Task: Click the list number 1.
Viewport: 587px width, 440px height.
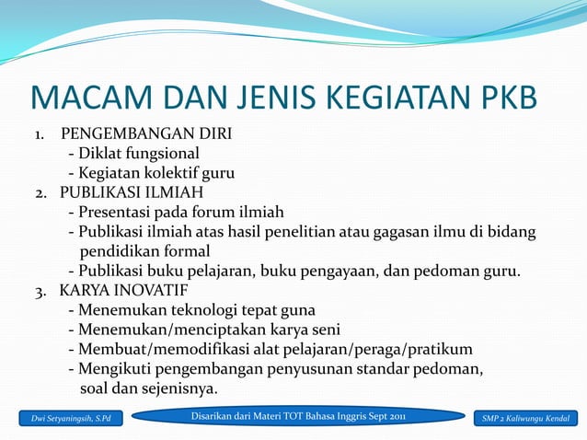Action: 40,134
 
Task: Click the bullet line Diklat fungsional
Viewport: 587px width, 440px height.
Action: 133,154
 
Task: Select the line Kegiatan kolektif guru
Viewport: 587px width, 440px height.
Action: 151,173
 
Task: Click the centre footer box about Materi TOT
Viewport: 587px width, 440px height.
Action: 298,418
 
